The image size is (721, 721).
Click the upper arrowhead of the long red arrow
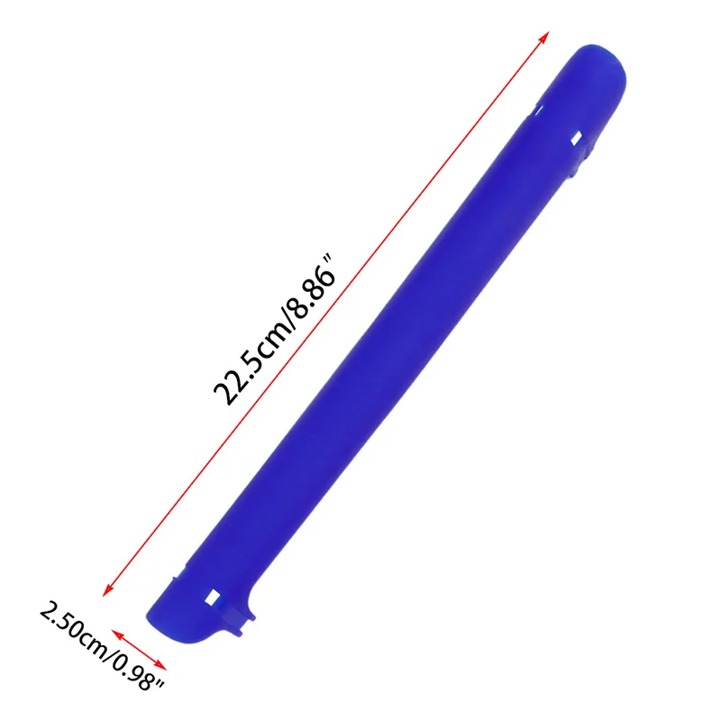[x=545, y=33]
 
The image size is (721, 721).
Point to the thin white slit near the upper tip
[x=538, y=109]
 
